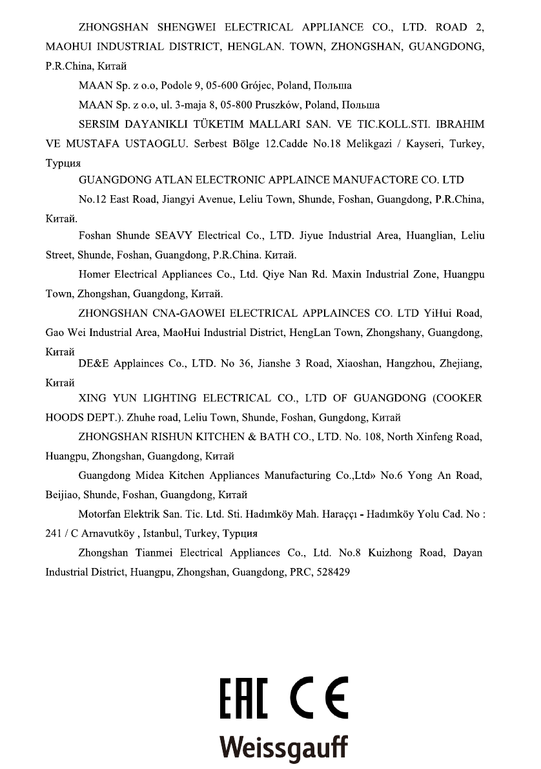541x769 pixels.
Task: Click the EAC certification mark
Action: (243, 698)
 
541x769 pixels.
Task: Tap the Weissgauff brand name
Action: (283, 748)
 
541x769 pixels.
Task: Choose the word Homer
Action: (94, 275)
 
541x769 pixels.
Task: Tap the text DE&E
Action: (93, 364)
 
